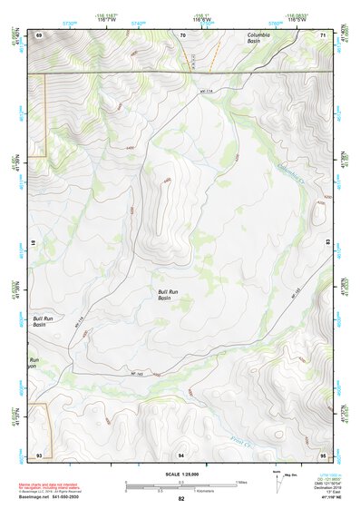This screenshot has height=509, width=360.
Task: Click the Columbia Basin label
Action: point(266,38)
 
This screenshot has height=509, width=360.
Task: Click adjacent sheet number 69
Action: point(39,34)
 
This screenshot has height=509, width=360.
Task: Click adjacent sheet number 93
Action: point(39,453)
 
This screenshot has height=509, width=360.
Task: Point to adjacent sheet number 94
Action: point(181,453)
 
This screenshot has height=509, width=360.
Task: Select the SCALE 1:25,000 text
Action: point(180,473)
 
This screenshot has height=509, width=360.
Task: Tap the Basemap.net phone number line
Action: point(52,497)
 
